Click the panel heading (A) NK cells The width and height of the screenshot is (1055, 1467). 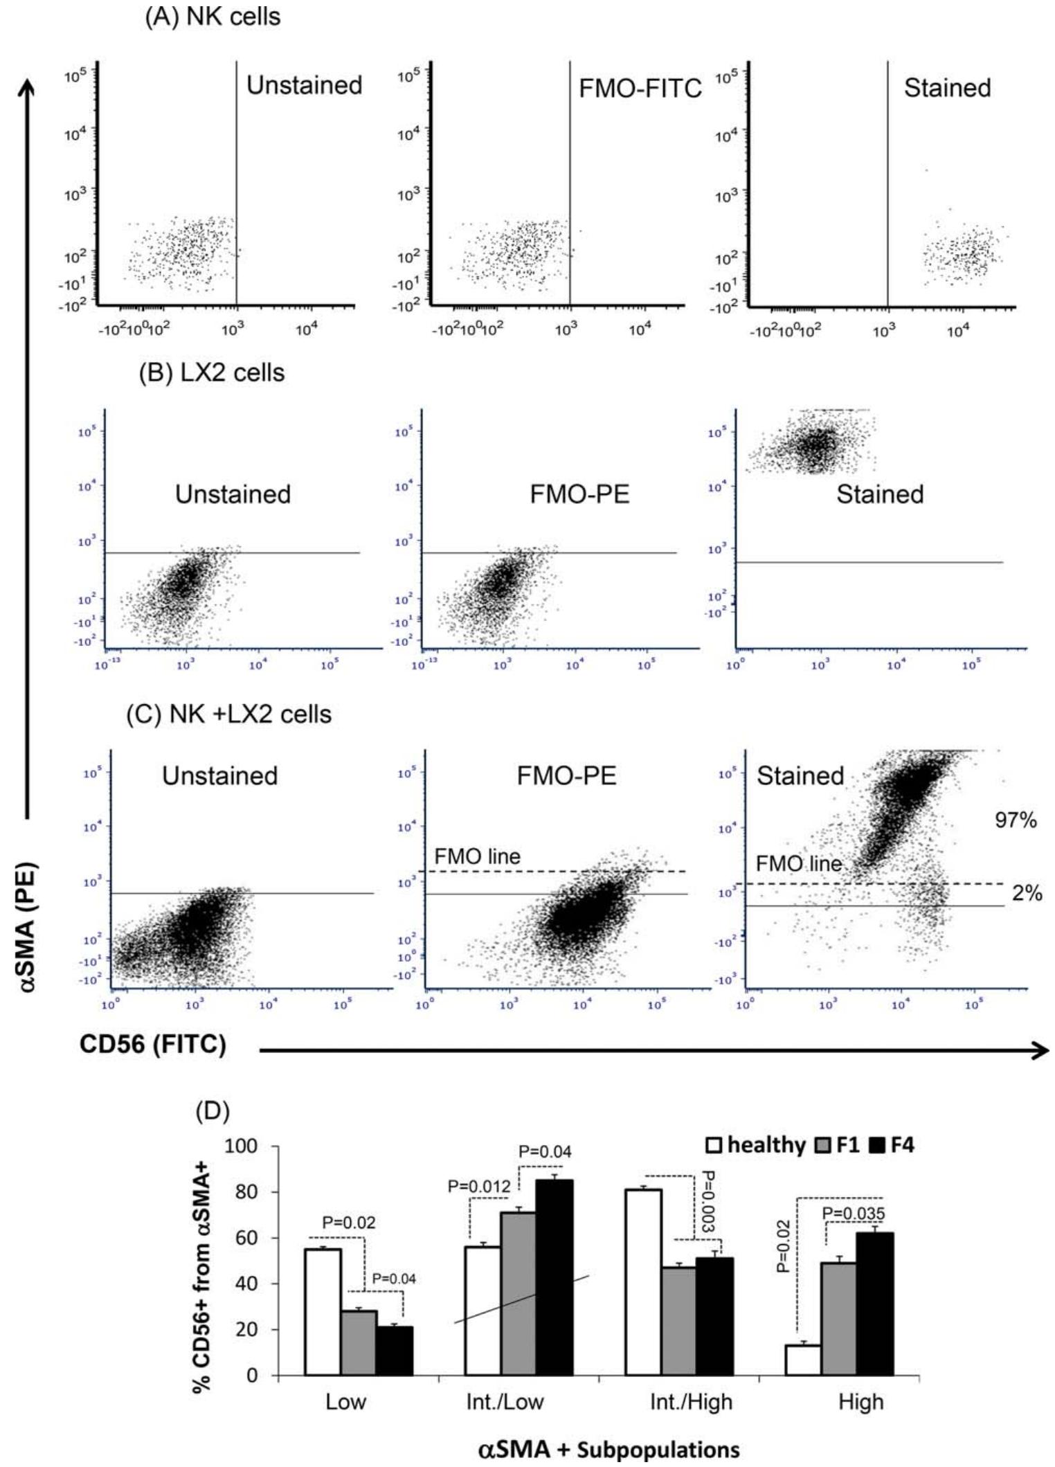pyautogui.click(x=213, y=17)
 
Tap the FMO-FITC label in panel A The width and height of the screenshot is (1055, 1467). pyautogui.click(x=640, y=89)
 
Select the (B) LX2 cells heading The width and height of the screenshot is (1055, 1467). pyautogui.click(x=212, y=373)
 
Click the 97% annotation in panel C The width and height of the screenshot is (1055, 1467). pyautogui.click(x=1016, y=820)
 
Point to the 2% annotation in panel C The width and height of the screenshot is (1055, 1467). pyautogui.click(x=1027, y=893)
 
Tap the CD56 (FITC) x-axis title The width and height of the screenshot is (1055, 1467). pyautogui.click(x=153, y=1044)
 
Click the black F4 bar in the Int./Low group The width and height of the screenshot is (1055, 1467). pyautogui.click(x=555, y=1278)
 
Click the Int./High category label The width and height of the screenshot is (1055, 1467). pyautogui.click(x=690, y=1402)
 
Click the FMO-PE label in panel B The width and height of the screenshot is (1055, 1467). pyautogui.click(x=579, y=494)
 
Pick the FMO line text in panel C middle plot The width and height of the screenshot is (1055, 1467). pyautogui.click(x=477, y=856)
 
